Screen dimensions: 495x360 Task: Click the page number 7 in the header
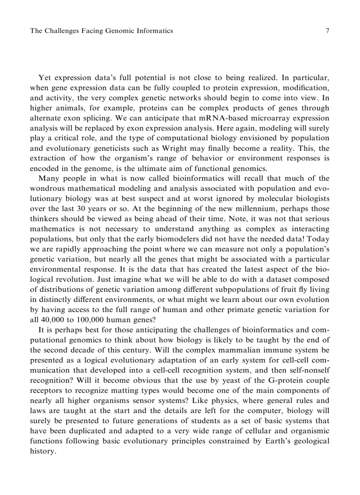(327, 30)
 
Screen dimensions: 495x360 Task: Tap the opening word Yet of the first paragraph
(45, 78)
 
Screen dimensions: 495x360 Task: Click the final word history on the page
(43, 451)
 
